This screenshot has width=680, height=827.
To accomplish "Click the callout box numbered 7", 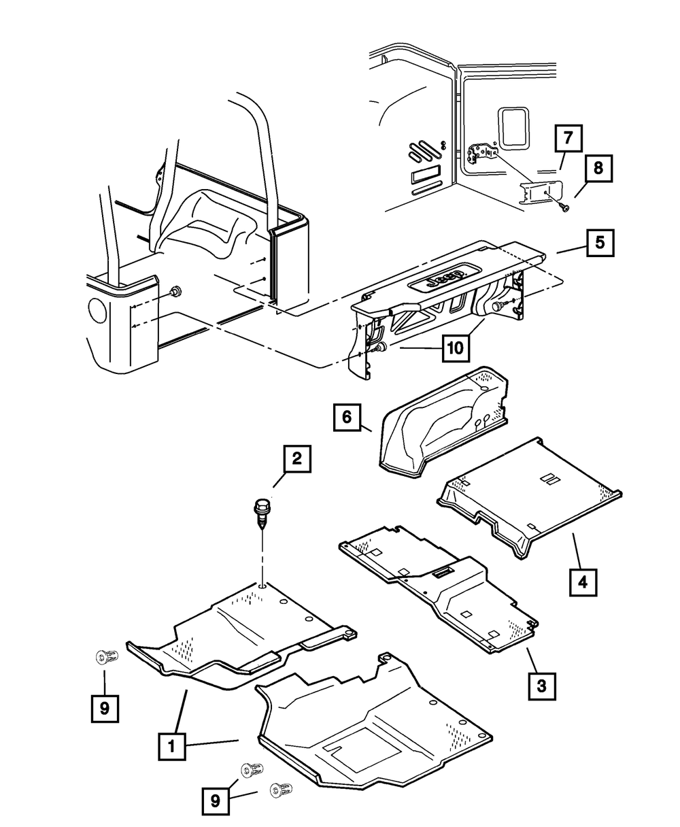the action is [x=568, y=138].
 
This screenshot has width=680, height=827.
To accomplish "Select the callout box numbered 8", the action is [x=598, y=168].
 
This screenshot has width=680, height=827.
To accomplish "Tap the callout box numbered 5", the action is [x=600, y=243].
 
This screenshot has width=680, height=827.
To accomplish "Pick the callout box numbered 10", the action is [x=456, y=348].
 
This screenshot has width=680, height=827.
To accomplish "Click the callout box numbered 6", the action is [x=347, y=417].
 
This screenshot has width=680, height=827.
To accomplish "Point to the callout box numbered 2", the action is [x=297, y=458].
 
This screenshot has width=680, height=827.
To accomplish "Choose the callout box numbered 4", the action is [x=583, y=582].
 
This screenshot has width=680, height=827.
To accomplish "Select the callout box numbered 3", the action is [x=542, y=686].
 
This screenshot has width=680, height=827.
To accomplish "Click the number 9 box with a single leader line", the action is [x=105, y=709].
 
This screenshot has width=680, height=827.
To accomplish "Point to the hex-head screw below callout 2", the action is [x=262, y=513].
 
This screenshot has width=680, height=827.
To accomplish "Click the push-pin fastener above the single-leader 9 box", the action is [x=107, y=656].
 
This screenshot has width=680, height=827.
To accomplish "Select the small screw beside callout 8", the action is [x=565, y=208].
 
